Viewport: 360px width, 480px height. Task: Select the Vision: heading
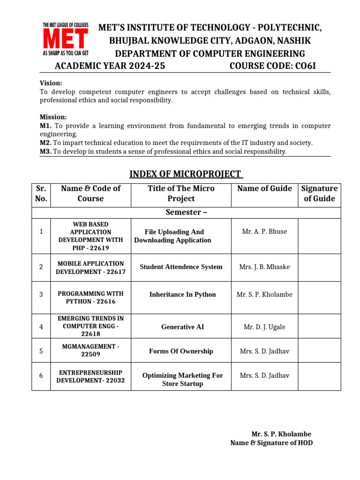(51, 83)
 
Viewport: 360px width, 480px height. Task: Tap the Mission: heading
(53, 117)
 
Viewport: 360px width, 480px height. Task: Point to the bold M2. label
(45, 142)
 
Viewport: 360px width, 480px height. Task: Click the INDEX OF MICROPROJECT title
(186, 175)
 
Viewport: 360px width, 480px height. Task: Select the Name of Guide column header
(264, 188)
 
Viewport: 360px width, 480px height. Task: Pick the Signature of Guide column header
(319, 193)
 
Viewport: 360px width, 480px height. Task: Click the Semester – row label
(186, 212)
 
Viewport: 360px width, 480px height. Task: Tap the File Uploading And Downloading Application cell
(173, 236)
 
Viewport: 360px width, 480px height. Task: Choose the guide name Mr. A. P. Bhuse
(264, 231)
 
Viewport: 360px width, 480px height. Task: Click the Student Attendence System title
(181, 267)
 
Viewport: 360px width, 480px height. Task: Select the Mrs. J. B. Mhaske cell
(264, 267)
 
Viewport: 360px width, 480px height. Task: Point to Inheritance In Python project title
(182, 294)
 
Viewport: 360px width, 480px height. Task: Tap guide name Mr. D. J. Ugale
(264, 327)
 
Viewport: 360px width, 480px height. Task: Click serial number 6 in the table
(41, 375)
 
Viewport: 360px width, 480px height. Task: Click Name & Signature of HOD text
(271, 442)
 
